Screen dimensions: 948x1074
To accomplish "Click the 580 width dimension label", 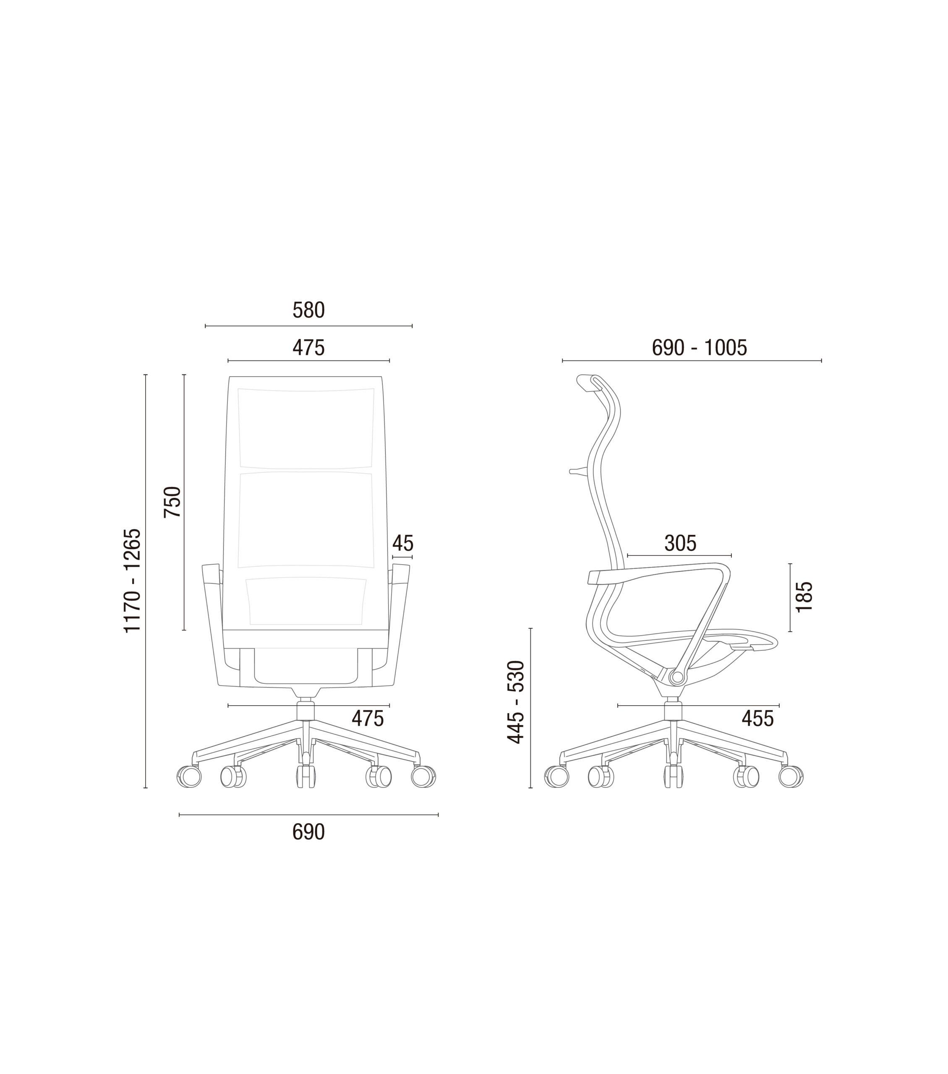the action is (x=308, y=310).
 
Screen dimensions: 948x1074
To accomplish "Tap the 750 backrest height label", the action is (x=172, y=502).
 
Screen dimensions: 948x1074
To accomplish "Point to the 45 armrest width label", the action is (x=402, y=543).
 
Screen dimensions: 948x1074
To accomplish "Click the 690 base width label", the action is (x=308, y=832).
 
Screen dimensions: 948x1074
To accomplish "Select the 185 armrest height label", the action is (x=804, y=597).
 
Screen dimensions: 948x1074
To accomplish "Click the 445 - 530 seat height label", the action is (x=515, y=701).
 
